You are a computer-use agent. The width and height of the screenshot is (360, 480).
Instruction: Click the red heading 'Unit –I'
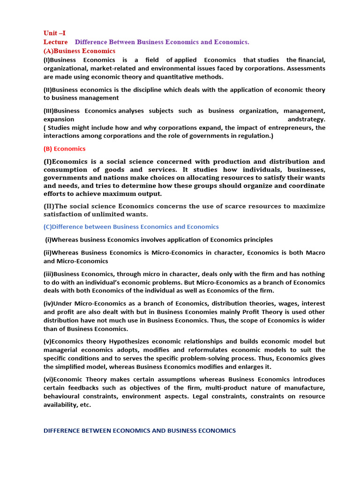point(54,33)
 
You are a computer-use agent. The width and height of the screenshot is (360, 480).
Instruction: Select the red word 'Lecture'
point(55,42)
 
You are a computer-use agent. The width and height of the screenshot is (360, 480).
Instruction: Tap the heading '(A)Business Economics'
point(79,51)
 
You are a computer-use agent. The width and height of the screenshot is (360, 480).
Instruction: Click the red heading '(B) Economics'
point(65,149)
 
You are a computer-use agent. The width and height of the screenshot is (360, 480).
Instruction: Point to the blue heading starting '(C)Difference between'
point(131,227)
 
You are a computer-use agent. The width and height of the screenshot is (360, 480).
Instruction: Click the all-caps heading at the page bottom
point(140,430)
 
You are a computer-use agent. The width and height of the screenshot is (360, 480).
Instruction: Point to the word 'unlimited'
point(107,214)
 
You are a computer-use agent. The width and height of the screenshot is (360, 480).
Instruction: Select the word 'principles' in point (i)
point(256,240)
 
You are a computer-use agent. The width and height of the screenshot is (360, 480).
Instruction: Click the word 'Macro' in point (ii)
point(316,253)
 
